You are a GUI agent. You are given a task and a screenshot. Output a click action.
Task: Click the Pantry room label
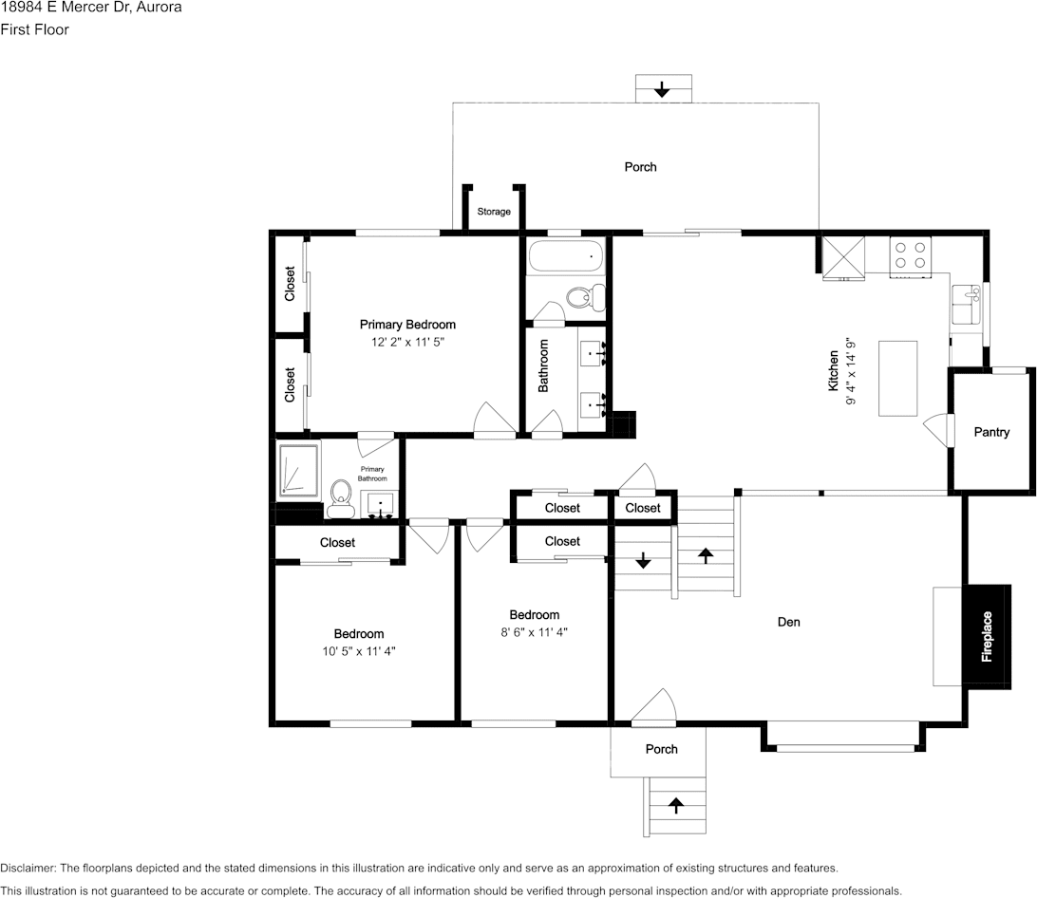tap(991, 432)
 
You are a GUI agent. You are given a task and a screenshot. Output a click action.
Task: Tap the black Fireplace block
tap(987, 637)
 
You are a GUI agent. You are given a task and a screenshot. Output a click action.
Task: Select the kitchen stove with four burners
tap(910, 257)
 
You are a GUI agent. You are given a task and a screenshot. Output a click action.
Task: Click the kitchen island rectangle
tap(897, 378)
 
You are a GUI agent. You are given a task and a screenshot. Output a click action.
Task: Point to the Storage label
tap(494, 212)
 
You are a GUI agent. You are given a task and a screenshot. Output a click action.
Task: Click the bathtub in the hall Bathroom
tap(565, 256)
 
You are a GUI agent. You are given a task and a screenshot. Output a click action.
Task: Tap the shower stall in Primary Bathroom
tap(297, 470)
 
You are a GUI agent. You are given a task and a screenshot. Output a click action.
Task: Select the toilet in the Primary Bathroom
tap(341, 498)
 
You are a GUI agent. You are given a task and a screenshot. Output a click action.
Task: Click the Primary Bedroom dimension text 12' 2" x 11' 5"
tap(407, 342)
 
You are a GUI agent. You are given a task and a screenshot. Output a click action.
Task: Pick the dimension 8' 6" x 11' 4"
tap(534, 632)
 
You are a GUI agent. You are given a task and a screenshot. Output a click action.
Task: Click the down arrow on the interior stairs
tap(643, 561)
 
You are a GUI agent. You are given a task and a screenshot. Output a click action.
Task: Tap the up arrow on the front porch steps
tap(675, 805)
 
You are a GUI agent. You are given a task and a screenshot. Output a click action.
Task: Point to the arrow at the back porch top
tap(662, 89)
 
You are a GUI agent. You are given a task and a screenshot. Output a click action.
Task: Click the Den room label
tap(788, 622)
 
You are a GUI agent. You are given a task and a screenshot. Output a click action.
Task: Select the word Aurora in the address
tap(159, 8)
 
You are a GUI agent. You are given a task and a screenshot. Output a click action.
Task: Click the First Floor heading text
tap(34, 29)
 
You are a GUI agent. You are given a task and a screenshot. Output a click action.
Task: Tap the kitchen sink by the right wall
tap(966, 305)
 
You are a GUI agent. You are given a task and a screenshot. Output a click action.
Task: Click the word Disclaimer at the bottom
tap(28, 869)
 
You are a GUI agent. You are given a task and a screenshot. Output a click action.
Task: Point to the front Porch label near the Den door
tap(661, 749)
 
